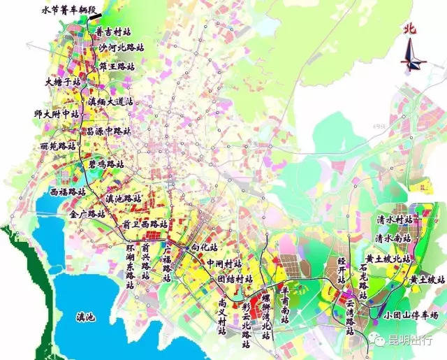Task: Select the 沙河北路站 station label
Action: point(122,48)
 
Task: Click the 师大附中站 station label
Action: point(57,113)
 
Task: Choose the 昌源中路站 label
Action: point(108,131)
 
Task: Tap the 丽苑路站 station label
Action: point(58,147)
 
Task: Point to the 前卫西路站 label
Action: point(145,224)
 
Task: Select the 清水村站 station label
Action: point(395,219)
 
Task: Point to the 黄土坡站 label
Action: point(427,279)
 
